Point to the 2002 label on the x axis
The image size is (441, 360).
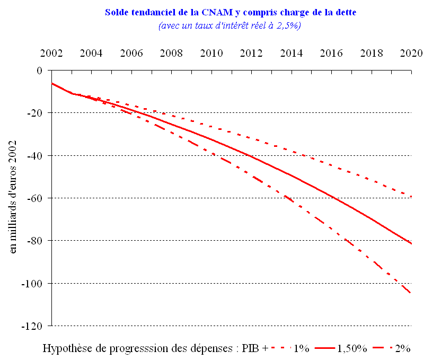[51, 54]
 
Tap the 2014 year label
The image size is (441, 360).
[292, 54]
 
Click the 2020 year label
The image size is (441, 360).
[411, 54]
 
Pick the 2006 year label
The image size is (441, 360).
[131, 54]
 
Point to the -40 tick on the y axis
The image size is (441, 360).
[36, 155]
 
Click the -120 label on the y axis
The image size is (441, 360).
[33, 326]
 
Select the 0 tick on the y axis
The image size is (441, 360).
[39, 70]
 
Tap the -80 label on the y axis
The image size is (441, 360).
[36, 240]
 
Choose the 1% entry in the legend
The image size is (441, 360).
[301, 348]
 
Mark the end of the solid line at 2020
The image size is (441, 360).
[411, 243]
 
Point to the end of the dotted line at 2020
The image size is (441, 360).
[411, 196]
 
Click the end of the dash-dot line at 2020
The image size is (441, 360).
[411, 293]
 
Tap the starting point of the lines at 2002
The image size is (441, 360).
[52, 83]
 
